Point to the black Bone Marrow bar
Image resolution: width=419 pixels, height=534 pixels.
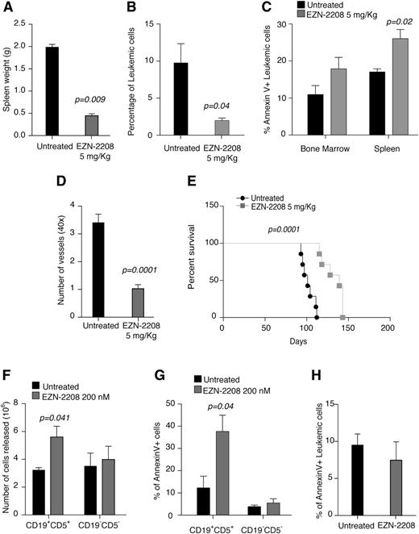(x=297, y=118)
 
